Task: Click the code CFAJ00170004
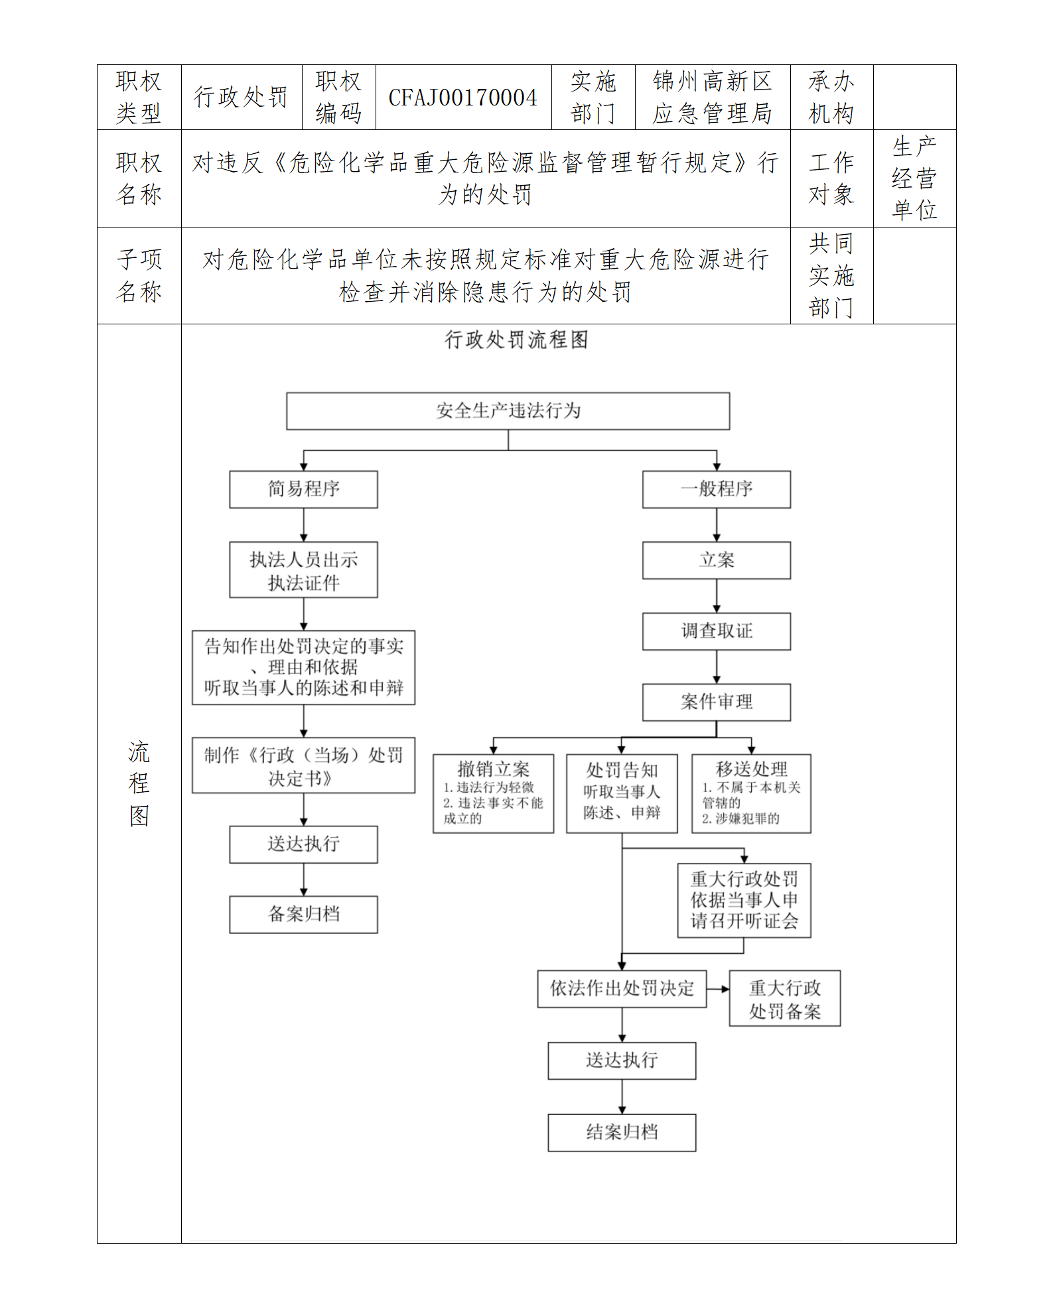coord(462,98)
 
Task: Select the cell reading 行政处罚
coord(241,98)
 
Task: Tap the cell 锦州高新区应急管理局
coord(712,98)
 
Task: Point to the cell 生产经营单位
coord(914,178)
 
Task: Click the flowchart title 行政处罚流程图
coord(516,340)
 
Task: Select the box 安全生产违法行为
coord(508,411)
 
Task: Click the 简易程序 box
coord(303,490)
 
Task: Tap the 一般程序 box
coord(716,490)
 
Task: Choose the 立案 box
coord(716,560)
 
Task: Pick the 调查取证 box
coord(716,631)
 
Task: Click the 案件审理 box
coord(716,702)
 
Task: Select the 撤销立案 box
coord(493,793)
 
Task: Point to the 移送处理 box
coord(751,793)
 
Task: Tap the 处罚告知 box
coord(622,793)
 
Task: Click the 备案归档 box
coord(303,915)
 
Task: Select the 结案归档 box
coord(622,1132)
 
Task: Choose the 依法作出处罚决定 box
coord(622,989)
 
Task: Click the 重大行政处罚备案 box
coord(784,999)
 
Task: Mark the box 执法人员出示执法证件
coord(303,570)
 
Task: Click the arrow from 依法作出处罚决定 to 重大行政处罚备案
coord(718,989)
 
